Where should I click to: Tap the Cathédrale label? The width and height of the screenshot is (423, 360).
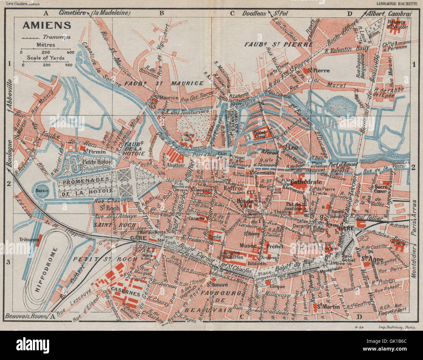[306, 182]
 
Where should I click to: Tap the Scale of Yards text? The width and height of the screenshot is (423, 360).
[46, 58]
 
